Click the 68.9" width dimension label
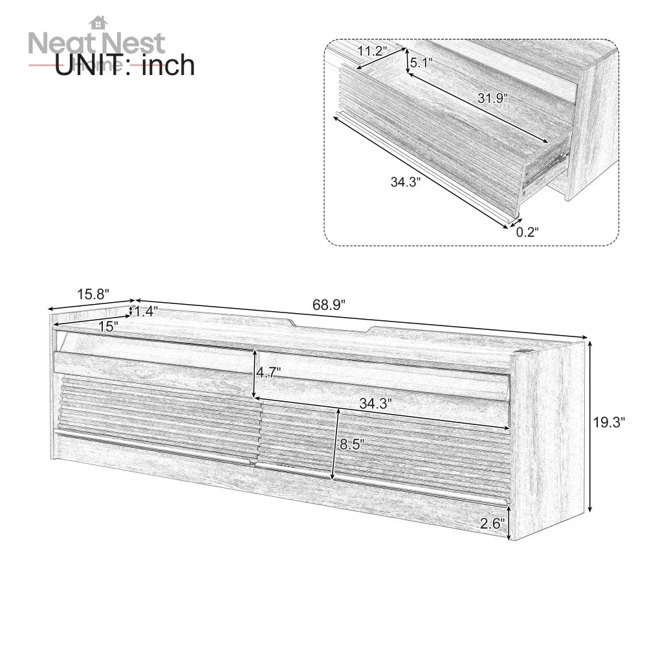click(330, 304)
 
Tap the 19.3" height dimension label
click(609, 423)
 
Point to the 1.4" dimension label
click(145, 311)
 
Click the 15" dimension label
click(108, 327)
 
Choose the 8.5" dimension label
click(353, 444)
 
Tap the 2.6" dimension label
click(492, 523)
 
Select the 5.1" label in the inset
click(421, 63)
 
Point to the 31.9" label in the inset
click(493, 98)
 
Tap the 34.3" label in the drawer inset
click(406, 182)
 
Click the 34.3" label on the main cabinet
click(375, 404)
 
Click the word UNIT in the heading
click(91, 65)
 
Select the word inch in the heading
click(168, 65)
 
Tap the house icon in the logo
click(98, 23)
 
